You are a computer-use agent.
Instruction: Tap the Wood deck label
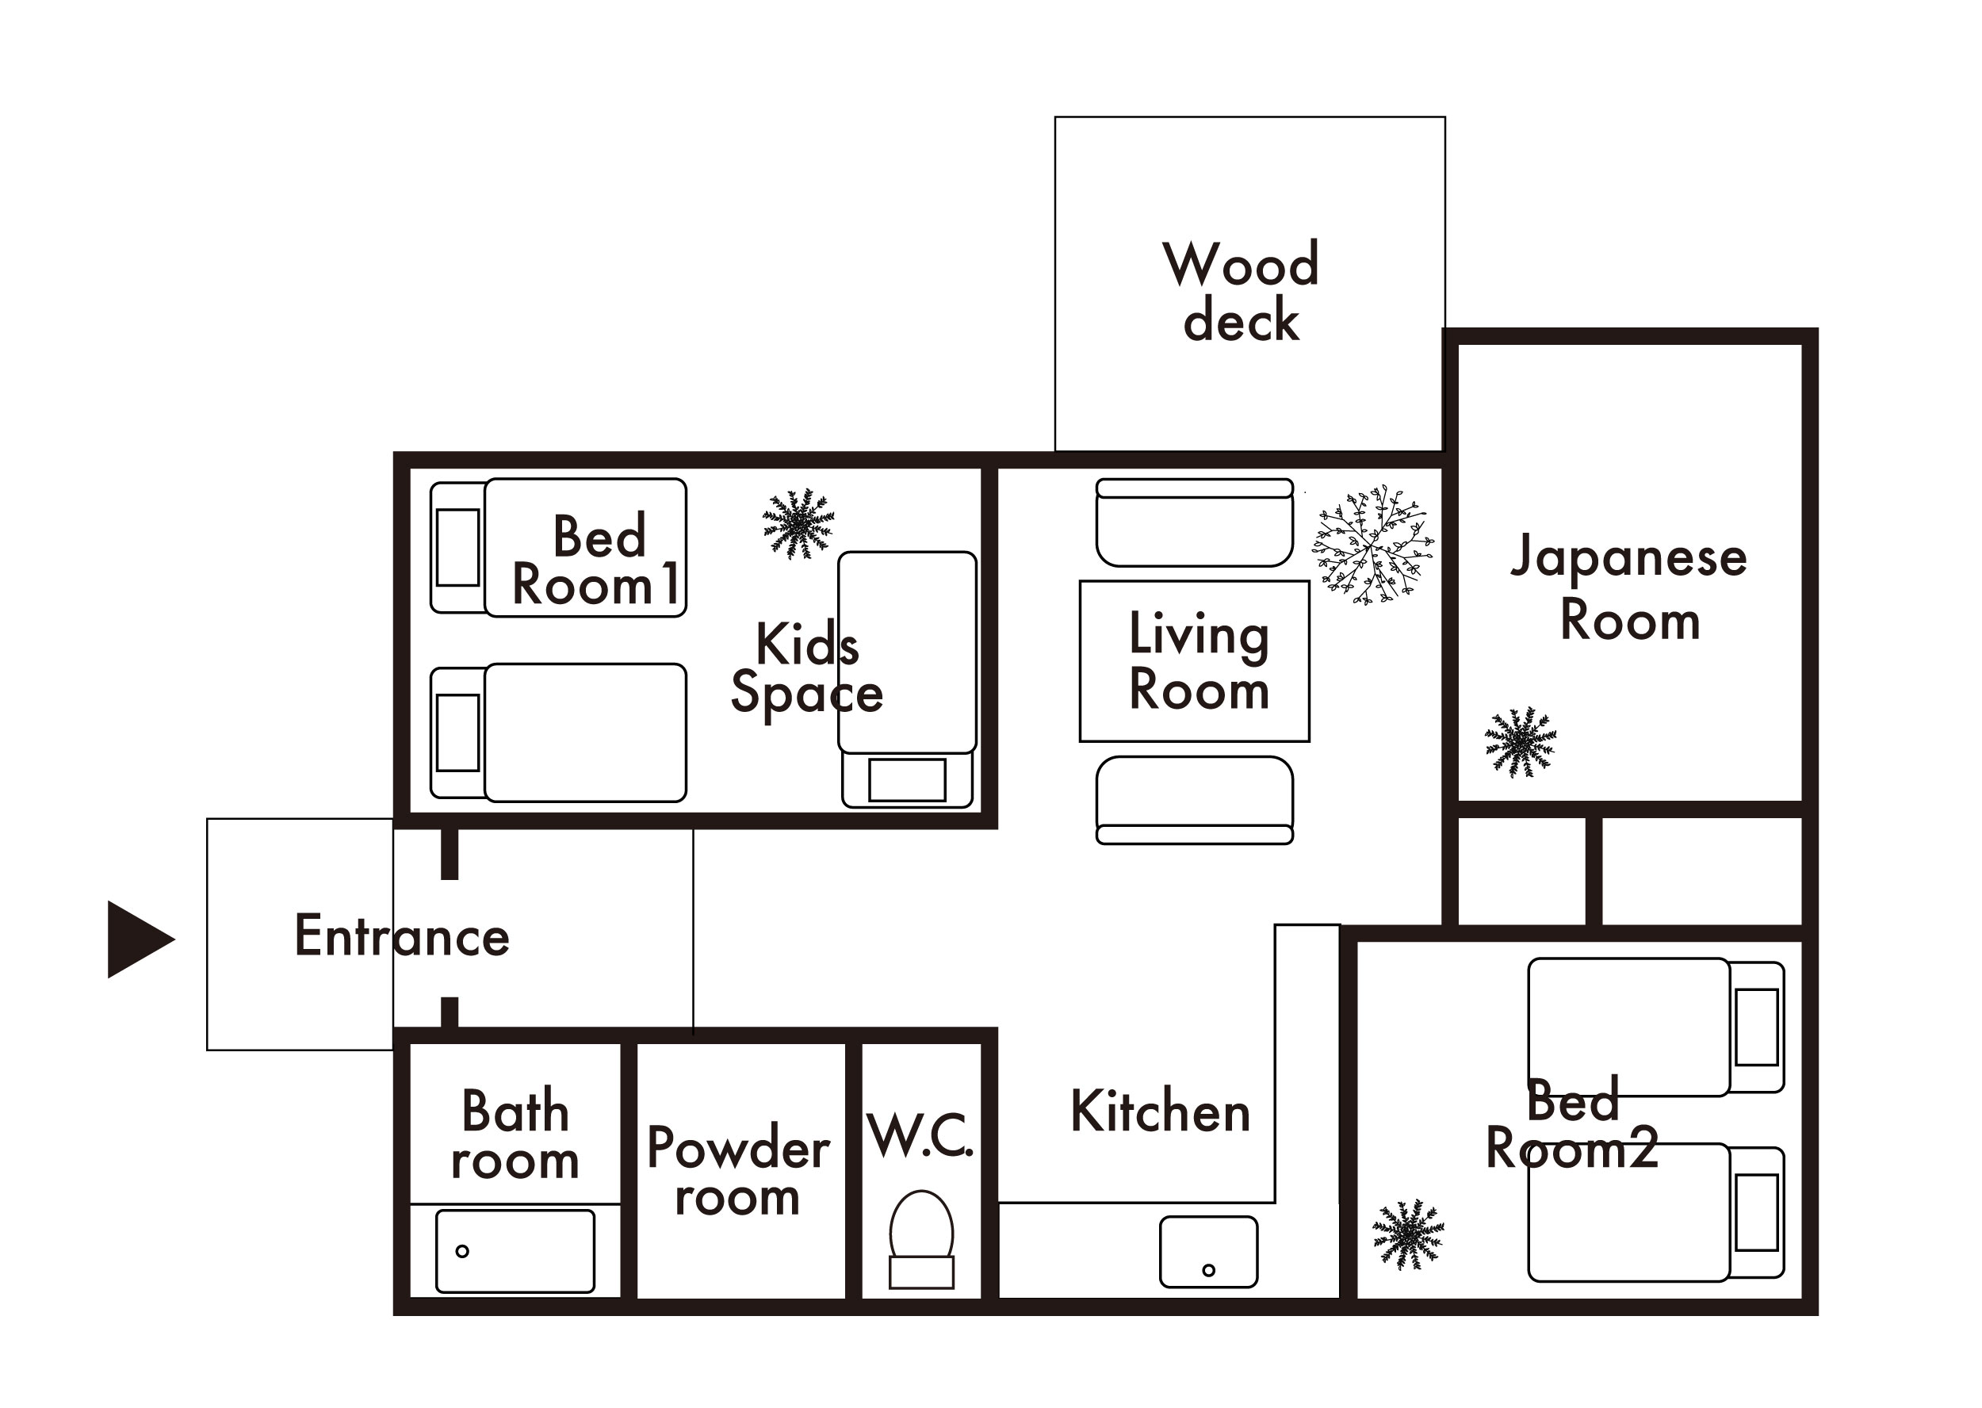coord(1242,290)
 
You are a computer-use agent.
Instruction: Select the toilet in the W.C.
coord(922,1239)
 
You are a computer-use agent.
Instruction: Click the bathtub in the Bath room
coord(515,1251)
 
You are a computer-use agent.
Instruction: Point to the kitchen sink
coord(1208,1252)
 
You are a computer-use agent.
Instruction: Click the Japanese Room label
coord(1629,587)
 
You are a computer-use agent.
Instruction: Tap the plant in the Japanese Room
coord(1521,742)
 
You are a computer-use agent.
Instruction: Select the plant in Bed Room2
coord(1409,1234)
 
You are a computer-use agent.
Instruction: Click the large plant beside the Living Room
coord(1373,545)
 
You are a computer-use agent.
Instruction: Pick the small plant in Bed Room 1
coord(798,524)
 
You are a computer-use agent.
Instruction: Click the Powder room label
coord(739,1171)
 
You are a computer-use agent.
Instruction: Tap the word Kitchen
coord(1161,1111)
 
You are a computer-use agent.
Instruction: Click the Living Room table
coord(1194,660)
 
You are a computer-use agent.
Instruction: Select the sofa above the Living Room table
coord(1195,522)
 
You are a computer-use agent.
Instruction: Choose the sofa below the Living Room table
coord(1195,800)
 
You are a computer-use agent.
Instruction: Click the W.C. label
coord(920,1135)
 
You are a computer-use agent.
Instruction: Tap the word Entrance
coord(402,936)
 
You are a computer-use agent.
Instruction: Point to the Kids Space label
coord(807,668)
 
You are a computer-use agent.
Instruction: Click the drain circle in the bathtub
coord(462,1251)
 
